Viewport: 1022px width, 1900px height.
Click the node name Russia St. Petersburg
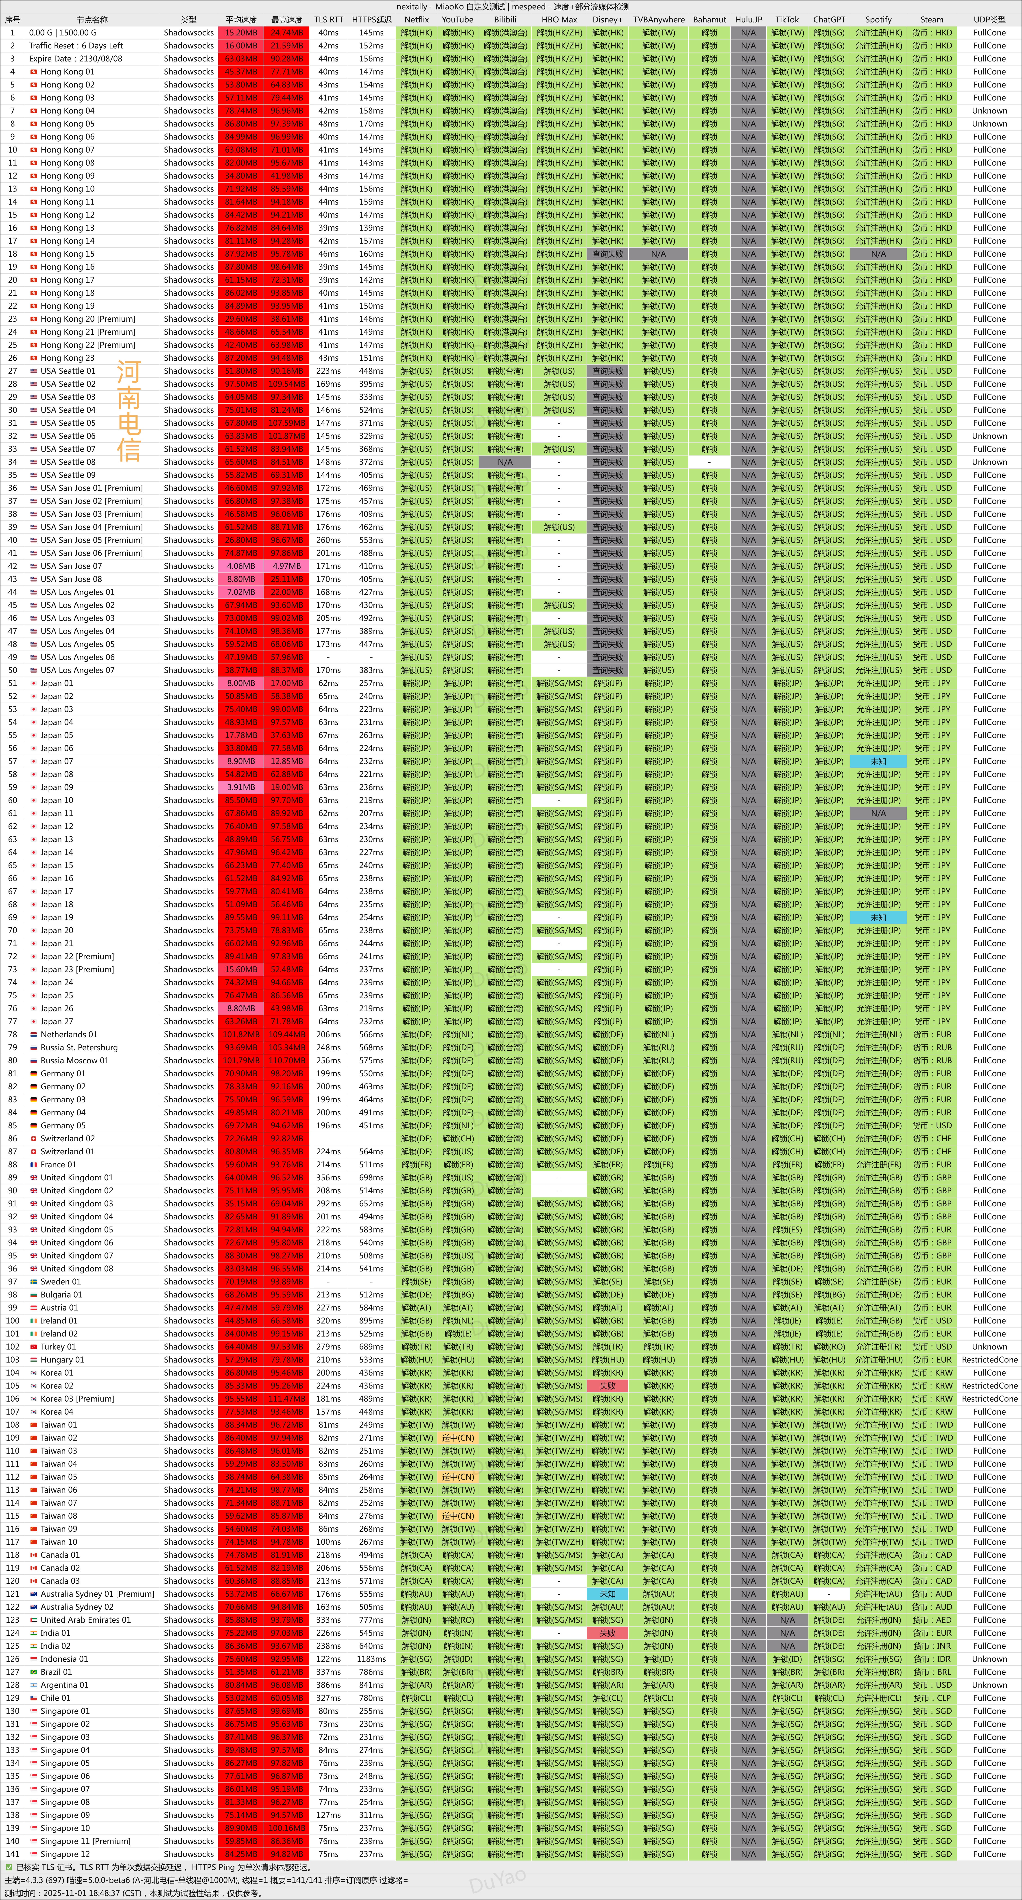tap(79, 1047)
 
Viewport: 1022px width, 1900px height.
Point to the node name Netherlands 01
tap(69, 1034)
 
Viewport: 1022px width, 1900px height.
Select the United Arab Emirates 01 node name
tap(85, 1620)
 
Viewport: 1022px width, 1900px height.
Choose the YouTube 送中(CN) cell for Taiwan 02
tap(458, 1437)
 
